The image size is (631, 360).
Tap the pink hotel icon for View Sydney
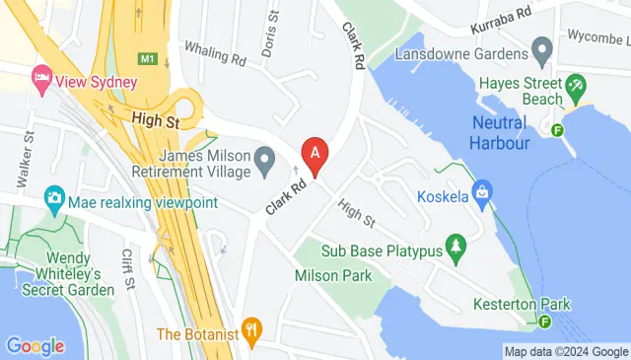click(x=41, y=76)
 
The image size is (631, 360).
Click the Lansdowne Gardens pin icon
click(x=540, y=47)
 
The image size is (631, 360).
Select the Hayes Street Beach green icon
click(x=577, y=92)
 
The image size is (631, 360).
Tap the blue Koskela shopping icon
click(x=482, y=189)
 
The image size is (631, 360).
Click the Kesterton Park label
click(x=522, y=304)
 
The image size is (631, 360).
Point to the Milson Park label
click(x=333, y=275)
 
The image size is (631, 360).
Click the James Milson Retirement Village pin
click(x=264, y=157)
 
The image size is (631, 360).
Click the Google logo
click(x=35, y=346)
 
